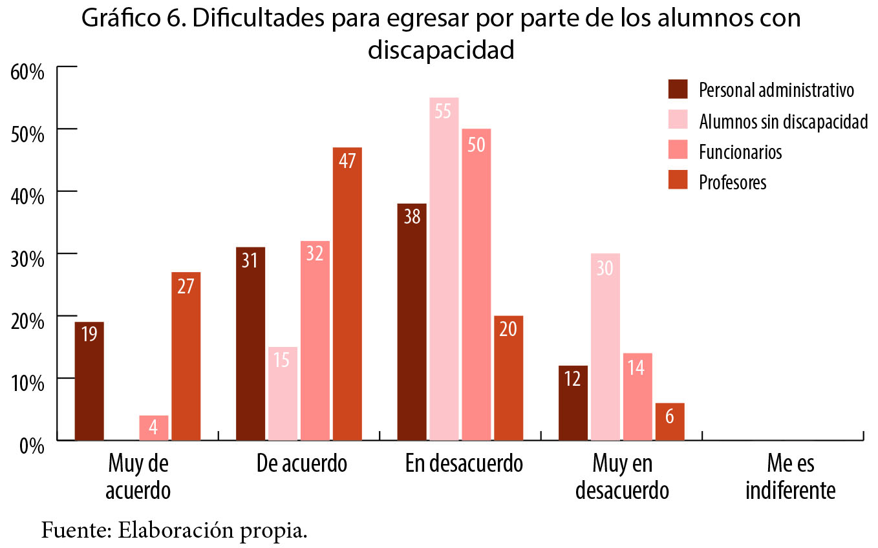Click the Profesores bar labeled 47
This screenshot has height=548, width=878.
347,294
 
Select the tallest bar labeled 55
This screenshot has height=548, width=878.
444,269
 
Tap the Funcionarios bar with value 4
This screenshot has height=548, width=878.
154,428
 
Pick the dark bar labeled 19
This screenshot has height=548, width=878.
89,381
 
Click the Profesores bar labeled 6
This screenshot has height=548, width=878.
669,421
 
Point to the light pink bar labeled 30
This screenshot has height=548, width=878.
605,346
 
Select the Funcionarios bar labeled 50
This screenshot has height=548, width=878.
476,284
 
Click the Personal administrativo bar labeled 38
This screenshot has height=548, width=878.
411,322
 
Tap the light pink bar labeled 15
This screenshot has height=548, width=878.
283,394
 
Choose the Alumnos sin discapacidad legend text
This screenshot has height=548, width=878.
783,121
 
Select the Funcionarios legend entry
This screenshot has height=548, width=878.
740,152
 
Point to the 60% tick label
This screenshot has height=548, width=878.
27,70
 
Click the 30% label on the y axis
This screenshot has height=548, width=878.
27,258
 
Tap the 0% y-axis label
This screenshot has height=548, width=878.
31,445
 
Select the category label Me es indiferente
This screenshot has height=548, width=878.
790,478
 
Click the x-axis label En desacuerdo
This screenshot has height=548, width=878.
464,464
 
